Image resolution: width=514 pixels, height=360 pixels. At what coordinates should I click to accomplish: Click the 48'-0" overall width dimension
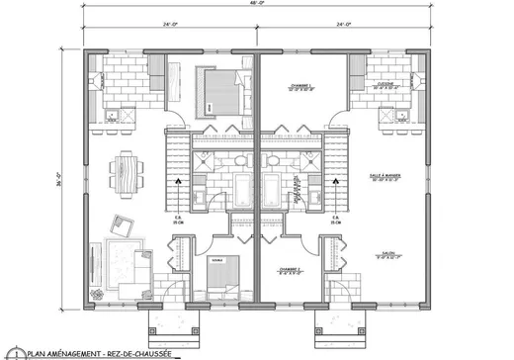click(257, 5)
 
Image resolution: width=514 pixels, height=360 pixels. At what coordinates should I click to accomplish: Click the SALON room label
click(387, 255)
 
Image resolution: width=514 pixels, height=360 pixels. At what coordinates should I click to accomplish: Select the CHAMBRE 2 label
click(290, 269)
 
